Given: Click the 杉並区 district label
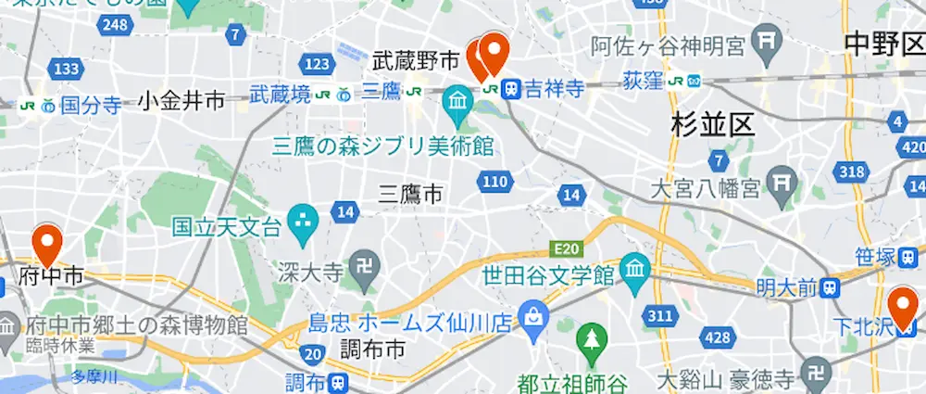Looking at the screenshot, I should (x=715, y=126).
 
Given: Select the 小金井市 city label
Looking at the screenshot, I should (x=181, y=101).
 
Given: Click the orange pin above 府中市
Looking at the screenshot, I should (x=45, y=245).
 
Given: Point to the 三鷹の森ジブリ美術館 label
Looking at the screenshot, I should (x=382, y=146).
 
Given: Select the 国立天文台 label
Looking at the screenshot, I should (x=226, y=224).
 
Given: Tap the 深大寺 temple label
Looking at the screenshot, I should (x=311, y=272).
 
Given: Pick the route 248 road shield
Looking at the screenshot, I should (x=117, y=25).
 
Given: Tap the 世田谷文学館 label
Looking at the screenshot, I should (x=548, y=274).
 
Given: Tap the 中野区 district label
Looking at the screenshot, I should (x=884, y=43).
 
